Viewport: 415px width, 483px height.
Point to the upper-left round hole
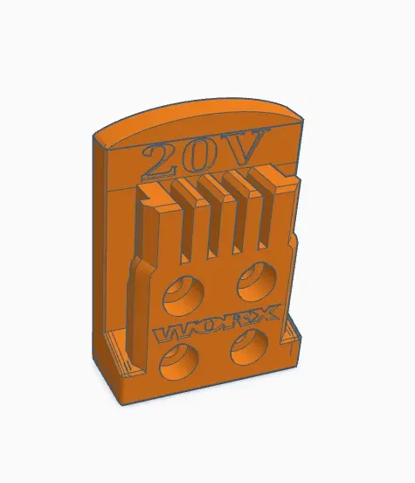point(182,291)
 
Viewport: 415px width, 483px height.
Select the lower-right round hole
point(247,348)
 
